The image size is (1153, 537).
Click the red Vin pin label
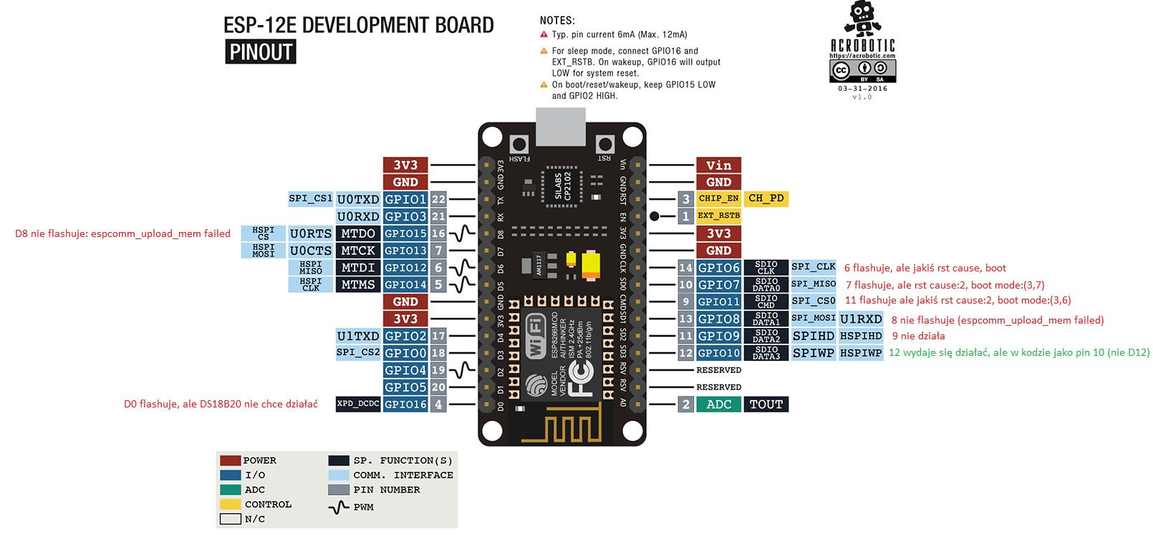(x=718, y=165)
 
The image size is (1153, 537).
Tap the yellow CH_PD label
(x=766, y=198)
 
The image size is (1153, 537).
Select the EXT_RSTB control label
(x=718, y=216)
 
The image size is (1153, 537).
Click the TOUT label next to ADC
(x=766, y=405)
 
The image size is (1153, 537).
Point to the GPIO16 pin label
(x=405, y=405)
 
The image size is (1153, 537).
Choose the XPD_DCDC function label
(x=358, y=404)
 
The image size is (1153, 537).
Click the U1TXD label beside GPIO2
(x=358, y=336)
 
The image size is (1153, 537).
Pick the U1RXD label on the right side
(x=861, y=319)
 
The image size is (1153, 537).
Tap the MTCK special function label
(x=358, y=251)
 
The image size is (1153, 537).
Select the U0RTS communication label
(x=311, y=233)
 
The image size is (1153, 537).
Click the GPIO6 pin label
(x=719, y=268)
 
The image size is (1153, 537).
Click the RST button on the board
(x=605, y=145)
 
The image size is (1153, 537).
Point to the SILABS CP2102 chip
(x=562, y=185)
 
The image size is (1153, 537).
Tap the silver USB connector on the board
(x=561, y=126)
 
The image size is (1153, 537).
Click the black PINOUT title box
(x=261, y=52)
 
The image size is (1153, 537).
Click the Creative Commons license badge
(x=862, y=71)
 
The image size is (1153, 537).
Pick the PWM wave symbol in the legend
(x=339, y=508)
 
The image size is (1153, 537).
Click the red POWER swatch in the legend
(x=230, y=460)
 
